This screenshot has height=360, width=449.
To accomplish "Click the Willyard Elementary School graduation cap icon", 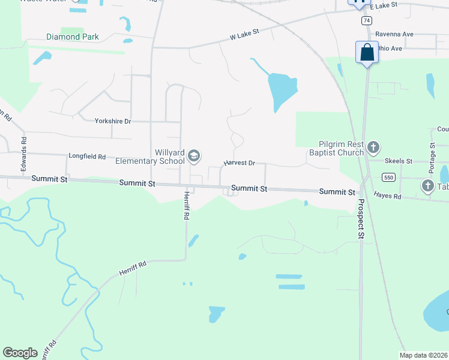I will [194, 157].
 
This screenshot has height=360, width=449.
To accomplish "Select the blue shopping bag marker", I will [367, 52].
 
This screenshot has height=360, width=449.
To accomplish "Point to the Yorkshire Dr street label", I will [113, 121].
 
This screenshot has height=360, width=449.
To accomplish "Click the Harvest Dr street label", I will [240, 163].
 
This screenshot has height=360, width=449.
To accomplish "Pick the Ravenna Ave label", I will [394, 35].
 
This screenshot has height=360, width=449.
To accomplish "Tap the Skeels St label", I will [399, 161].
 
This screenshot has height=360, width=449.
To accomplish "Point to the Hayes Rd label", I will [387, 195].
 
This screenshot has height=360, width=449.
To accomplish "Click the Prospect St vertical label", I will [361, 220].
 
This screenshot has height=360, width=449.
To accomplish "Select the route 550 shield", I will [388, 177].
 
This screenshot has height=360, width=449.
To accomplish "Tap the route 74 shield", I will [366, 20].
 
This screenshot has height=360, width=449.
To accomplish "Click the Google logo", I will [20, 353].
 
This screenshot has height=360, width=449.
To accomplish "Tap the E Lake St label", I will [384, 6].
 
